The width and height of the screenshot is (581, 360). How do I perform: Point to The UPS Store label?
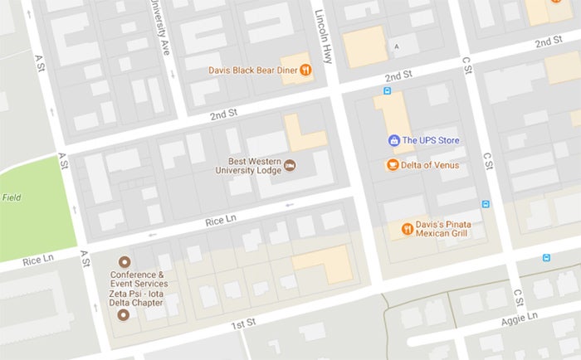(x=431, y=141)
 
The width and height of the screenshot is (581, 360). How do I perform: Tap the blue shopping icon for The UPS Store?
(x=393, y=141)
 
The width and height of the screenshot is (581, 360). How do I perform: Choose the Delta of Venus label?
(x=431, y=165)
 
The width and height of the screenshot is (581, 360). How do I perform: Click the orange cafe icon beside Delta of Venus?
(x=393, y=165)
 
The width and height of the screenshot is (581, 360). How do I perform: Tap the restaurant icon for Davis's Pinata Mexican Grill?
(x=407, y=226)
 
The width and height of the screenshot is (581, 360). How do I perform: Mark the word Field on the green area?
(x=12, y=197)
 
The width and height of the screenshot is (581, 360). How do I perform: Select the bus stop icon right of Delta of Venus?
(x=486, y=203)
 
